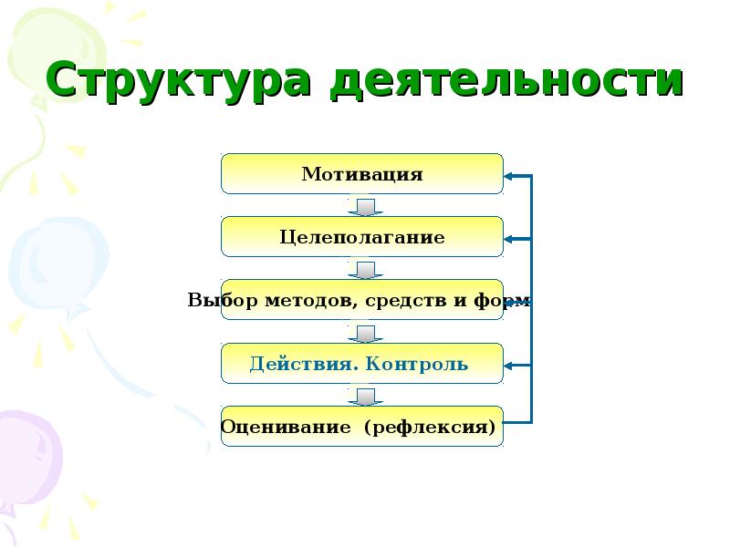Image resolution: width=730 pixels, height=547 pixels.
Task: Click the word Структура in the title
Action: [179, 81]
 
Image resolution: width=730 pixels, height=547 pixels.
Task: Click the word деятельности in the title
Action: [506, 81]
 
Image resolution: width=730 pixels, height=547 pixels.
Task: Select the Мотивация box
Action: [362, 174]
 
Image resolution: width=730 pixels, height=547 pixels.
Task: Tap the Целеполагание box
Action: [362, 237]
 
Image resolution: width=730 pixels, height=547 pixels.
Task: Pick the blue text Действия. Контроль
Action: [359, 365]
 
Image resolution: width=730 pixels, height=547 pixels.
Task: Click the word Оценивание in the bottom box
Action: [287, 427]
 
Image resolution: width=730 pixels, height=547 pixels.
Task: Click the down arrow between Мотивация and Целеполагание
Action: [364, 207]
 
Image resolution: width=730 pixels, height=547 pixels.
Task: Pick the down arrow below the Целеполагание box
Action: [364, 270]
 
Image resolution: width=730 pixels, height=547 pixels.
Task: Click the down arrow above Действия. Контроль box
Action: [364, 334]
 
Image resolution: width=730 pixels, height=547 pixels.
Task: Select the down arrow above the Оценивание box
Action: [364, 397]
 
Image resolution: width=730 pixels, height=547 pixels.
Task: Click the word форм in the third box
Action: [506, 301]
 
